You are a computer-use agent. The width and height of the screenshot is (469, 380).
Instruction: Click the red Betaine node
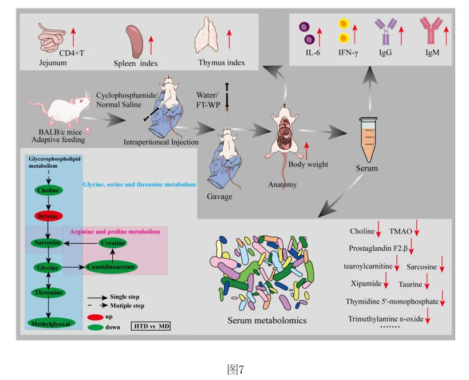(x=48, y=216)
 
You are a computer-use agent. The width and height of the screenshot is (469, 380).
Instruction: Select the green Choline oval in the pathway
(x=48, y=190)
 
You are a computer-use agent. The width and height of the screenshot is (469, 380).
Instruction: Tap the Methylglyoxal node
(x=50, y=323)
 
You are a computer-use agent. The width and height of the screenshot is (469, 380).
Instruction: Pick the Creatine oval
(x=113, y=243)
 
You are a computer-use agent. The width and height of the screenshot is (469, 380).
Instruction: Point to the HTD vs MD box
(x=152, y=326)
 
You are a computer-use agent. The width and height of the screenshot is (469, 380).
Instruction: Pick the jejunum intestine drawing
(x=54, y=38)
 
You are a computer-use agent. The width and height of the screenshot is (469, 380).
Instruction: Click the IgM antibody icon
(x=428, y=31)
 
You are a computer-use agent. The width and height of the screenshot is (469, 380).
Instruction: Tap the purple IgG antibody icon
(x=384, y=31)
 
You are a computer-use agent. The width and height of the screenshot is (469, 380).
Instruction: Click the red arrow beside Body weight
(x=308, y=151)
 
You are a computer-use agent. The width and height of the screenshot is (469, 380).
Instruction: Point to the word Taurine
(x=411, y=284)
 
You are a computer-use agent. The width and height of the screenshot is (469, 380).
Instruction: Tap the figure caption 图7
(x=235, y=369)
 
